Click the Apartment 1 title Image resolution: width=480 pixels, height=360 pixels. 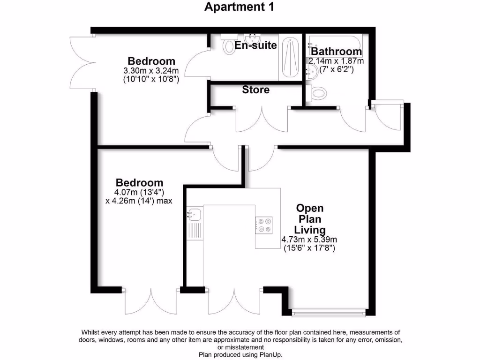(240, 7)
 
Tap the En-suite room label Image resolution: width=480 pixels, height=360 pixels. (256, 45)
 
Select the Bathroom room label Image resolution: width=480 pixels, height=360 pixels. (337, 51)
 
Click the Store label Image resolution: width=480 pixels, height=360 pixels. (255, 90)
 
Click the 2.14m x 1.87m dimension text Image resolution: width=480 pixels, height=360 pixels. (336, 61)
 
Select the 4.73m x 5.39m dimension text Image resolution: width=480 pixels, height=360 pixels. (309, 240)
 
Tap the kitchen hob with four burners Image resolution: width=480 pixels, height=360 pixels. (264, 225)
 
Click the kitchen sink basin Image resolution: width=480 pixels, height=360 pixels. (194, 215)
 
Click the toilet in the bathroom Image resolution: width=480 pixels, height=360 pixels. (317, 94)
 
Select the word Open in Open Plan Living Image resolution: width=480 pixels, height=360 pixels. (310, 208)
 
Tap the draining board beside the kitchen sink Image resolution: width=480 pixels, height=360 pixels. (194, 230)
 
